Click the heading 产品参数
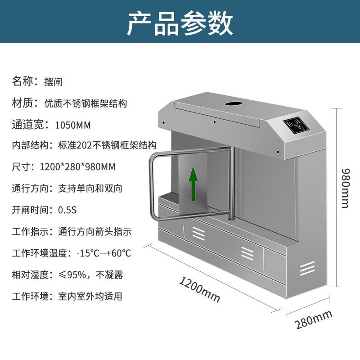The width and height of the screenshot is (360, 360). [180, 23]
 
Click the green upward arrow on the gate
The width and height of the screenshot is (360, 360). [193, 184]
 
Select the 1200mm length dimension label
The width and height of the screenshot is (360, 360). [199, 290]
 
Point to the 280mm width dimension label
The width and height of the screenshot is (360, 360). [313, 320]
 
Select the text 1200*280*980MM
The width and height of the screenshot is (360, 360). [77, 167]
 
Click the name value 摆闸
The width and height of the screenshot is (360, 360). [53, 82]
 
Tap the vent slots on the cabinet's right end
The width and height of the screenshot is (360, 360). [307, 269]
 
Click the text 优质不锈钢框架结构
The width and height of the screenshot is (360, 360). [85, 103]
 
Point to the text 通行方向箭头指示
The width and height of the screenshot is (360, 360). [94, 231]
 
